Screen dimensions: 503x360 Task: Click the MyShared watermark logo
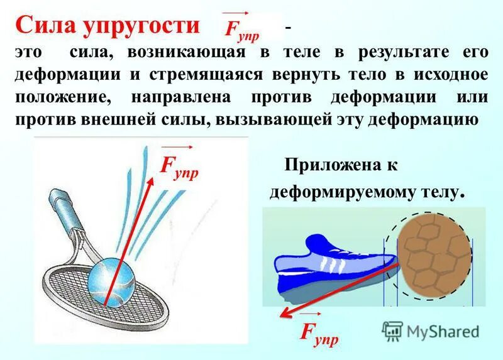pyautogui.click(x=431, y=330)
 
